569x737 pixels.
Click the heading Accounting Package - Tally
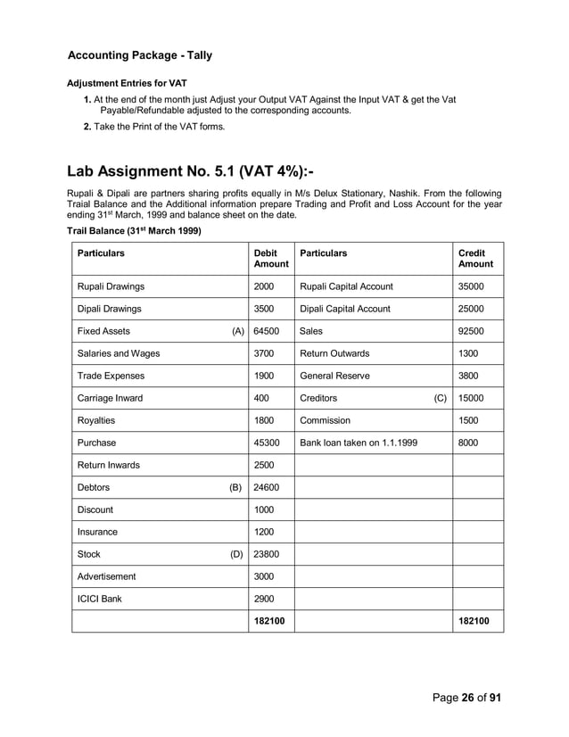click(x=140, y=55)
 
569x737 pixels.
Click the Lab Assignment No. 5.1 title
click(x=195, y=171)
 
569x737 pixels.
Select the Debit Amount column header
click(x=271, y=259)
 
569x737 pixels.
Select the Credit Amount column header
click(x=475, y=259)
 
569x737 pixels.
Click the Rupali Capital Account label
click(x=346, y=286)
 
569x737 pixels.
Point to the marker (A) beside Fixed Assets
click(x=238, y=331)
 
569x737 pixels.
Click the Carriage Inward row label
click(x=110, y=398)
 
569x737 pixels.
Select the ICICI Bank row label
click(x=99, y=599)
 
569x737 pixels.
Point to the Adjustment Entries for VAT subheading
click(x=127, y=83)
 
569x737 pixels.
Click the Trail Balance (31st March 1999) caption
click(x=135, y=231)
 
